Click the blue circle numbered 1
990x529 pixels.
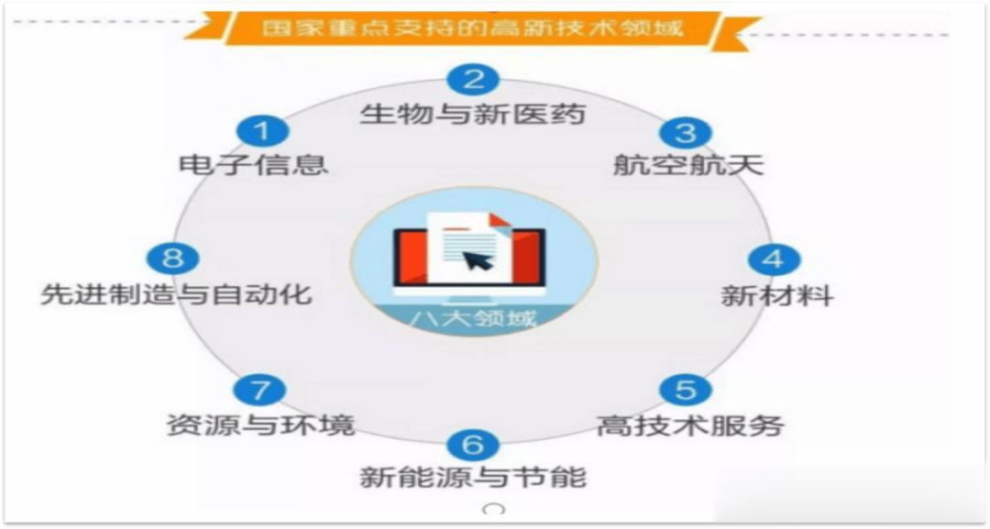pos(263,131)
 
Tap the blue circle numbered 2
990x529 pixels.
pos(473,80)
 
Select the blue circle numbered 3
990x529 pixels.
pos(686,133)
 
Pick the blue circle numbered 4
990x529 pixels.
pos(774,259)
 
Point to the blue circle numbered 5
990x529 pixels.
pos(686,389)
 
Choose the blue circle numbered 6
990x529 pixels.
pos(473,444)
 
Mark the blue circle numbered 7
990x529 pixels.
pos(259,390)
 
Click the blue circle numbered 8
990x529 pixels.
pos(172,258)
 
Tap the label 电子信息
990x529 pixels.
pos(254,165)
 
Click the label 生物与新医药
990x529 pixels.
pos(473,115)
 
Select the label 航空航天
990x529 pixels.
pos(688,165)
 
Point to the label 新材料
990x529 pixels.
pos(777,295)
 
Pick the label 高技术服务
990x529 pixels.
pos(691,424)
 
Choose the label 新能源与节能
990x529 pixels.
pos(473,477)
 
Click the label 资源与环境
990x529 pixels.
pos(260,424)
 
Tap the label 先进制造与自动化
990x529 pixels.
pos(177,294)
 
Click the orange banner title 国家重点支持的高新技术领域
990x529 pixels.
pos(473,28)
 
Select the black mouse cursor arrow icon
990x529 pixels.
pos(477,259)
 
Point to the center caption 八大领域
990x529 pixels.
pos(472,317)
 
